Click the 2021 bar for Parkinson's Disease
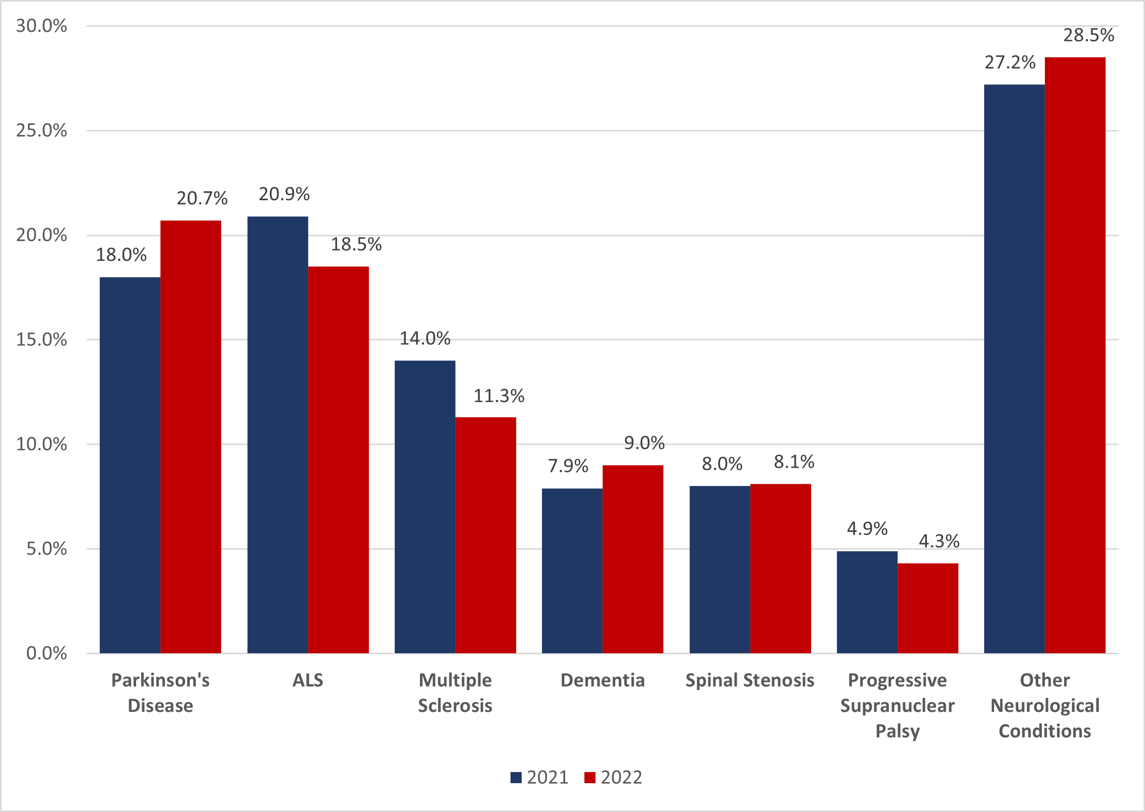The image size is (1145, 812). (x=130, y=465)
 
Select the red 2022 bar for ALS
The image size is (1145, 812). (x=338, y=460)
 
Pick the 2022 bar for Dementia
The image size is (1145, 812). (x=633, y=559)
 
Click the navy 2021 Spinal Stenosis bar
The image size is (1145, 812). (x=720, y=569)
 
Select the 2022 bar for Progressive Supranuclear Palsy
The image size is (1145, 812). (x=928, y=608)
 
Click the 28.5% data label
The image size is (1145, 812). (x=1088, y=35)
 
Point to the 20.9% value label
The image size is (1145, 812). (x=284, y=194)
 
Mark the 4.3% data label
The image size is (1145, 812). (x=939, y=541)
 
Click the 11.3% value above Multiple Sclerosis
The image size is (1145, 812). (x=499, y=396)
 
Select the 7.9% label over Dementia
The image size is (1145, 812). (x=568, y=466)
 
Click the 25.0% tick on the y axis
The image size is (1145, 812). (x=41, y=130)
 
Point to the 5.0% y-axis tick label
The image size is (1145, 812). (x=47, y=549)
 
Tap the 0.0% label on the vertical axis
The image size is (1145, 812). (x=47, y=653)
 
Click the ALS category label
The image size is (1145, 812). (x=308, y=680)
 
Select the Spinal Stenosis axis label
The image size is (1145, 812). (x=750, y=680)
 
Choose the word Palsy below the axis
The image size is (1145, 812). (x=898, y=731)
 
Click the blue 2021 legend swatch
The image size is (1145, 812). (x=516, y=778)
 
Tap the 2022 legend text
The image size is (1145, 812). (x=621, y=778)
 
